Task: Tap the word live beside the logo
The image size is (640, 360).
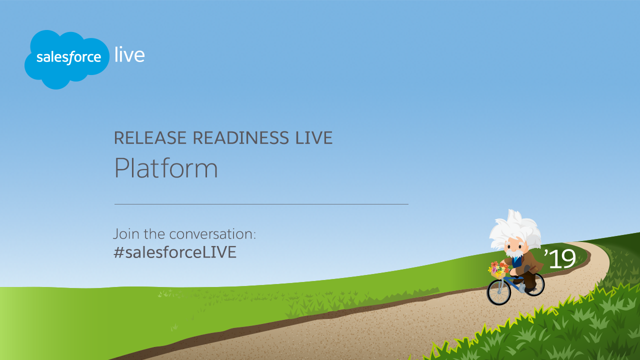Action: [129, 54]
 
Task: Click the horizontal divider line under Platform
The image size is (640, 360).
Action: [261, 204]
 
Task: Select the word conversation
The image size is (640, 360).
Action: [212, 234]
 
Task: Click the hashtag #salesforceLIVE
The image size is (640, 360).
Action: [175, 252]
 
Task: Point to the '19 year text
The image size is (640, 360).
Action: [560, 258]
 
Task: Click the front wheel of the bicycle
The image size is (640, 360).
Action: [499, 292]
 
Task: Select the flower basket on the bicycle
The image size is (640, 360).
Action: [498, 270]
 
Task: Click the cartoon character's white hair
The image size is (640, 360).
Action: [514, 228]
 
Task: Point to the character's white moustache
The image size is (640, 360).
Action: [515, 253]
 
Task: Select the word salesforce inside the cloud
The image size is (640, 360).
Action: [68, 57]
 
